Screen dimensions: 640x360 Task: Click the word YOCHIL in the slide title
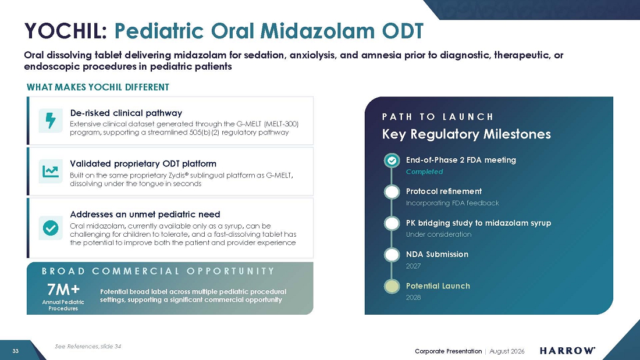65,31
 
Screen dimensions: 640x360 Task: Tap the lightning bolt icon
51,120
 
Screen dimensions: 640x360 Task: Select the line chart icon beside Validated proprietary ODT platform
51,172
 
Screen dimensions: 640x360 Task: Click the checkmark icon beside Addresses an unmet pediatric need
51,228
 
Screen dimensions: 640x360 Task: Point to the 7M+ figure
63,290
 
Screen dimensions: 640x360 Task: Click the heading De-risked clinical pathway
126,113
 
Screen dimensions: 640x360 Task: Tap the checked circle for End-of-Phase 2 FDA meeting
392,161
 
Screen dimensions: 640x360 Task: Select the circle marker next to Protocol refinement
392,192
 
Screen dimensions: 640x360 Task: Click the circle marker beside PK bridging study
392,223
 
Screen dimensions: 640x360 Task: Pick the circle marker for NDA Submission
392,255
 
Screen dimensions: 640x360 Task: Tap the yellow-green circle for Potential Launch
392,286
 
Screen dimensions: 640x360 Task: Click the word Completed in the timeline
424,172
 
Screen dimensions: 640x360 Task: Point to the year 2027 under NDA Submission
413,266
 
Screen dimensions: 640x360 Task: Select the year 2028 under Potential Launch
413,298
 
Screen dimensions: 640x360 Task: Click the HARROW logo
567,351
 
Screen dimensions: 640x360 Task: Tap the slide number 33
16,351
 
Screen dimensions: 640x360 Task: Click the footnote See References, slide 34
88,347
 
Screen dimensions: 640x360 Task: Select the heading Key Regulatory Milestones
466,134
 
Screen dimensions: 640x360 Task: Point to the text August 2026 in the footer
507,351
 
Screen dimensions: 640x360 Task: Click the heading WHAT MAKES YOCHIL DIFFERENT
98,87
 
